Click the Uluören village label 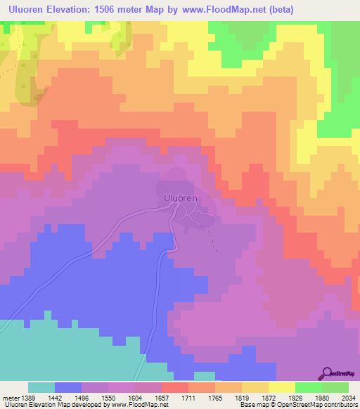(180, 199)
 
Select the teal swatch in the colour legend (41, 387)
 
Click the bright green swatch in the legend (308, 387)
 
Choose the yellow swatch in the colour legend (281, 387)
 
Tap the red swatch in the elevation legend (174, 387)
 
